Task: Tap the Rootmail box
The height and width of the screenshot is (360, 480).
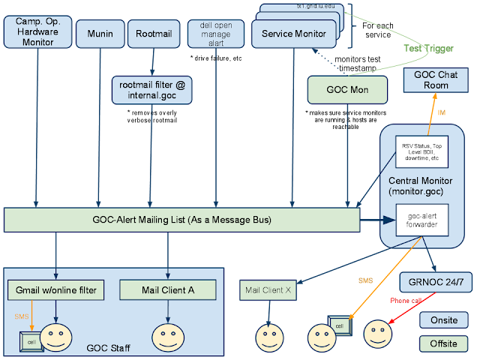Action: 153,34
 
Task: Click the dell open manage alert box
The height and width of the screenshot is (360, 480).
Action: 216,34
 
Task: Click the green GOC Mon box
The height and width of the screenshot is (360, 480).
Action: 348,91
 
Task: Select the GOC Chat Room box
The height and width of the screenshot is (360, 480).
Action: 436,80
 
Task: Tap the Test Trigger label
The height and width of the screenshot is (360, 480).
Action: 428,49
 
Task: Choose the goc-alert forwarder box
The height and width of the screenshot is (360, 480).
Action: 422,220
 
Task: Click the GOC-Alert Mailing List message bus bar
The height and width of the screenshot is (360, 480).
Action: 182,220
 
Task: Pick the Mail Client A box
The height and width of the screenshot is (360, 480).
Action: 168,289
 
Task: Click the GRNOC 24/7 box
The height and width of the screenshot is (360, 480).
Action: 435,284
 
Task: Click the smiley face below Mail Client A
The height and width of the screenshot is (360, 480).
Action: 167,337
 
